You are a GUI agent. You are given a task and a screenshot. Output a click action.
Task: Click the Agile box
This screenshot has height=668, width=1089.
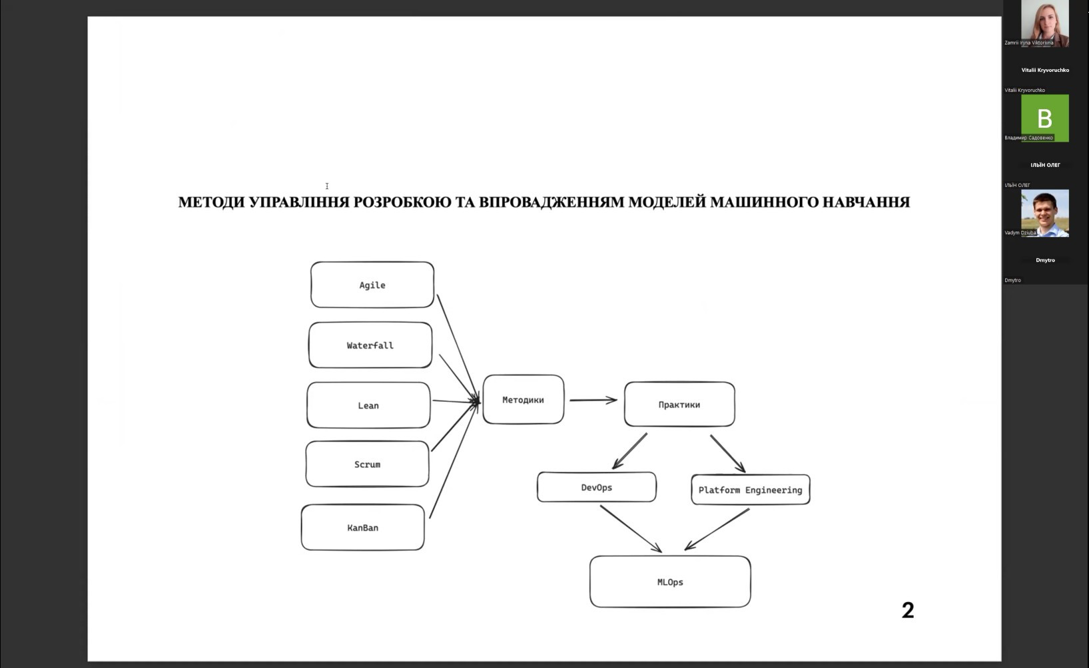(372, 285)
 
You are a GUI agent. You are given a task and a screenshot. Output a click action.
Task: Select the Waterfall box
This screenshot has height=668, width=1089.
(370, 345)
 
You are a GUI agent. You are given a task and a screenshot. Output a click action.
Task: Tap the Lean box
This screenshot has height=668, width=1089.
(368, 405)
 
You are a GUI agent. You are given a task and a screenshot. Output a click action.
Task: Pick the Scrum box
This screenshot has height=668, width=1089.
(367, 464)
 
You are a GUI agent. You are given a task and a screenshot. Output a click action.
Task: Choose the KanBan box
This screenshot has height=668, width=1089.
(362, 528)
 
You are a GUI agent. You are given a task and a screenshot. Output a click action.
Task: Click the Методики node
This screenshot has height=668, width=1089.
(523, 400)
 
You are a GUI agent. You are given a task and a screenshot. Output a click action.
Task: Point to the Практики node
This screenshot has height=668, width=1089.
(679, 405)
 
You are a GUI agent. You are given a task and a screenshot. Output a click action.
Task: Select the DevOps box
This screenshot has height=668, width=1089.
(596, 488)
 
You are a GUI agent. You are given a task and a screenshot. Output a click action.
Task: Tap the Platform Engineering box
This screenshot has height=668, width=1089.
(750, 490)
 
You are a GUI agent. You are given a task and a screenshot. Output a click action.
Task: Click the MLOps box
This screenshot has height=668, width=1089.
(670, 582)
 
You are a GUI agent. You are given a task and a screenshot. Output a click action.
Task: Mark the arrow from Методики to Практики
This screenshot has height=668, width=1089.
(593, 400)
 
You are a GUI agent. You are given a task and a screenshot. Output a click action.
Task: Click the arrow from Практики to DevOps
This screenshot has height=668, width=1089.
(629, 451)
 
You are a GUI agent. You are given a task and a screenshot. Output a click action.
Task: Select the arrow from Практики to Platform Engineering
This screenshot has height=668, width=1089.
(727, 453)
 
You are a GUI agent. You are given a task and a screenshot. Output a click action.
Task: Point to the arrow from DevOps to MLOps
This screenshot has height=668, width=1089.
(630, 528)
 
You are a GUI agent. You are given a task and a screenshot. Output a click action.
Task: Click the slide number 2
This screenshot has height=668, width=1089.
(908, 610)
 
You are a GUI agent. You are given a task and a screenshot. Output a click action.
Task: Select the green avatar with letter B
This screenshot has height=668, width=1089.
(1044, 118)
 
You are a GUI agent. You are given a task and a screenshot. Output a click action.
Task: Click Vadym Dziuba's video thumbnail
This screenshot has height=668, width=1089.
(1044, 214)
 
